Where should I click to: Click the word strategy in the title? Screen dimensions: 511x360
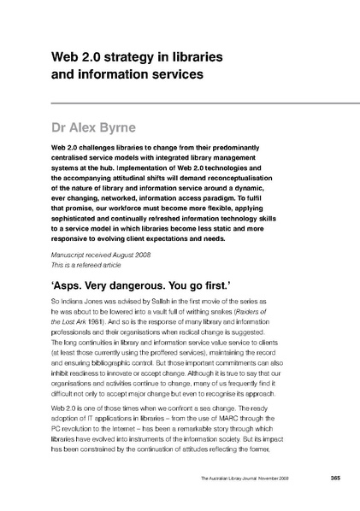click(120, 56)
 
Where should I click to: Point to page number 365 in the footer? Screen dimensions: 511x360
click(310, 478)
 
